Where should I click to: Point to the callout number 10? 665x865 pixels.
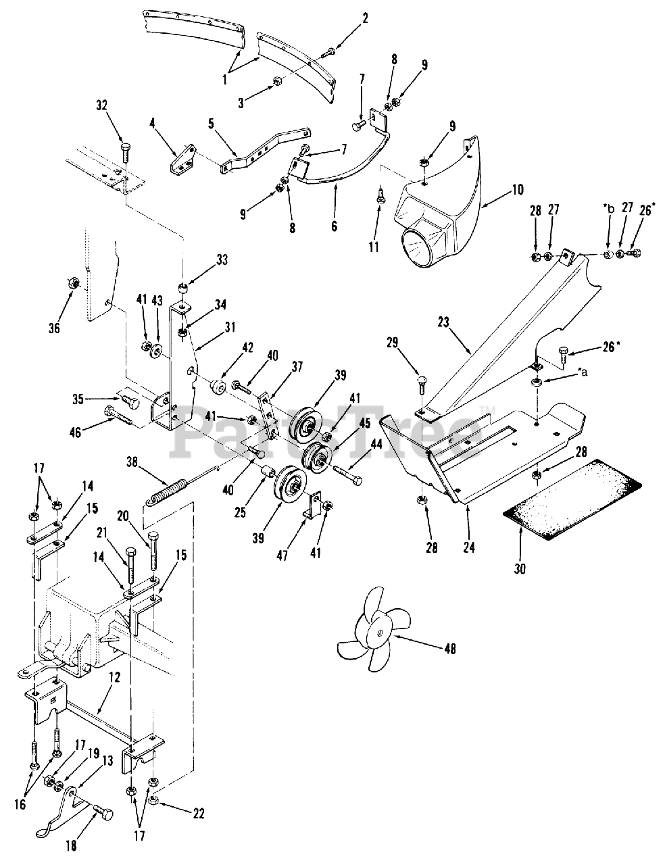[518, 189]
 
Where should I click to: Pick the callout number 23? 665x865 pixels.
[443, 322]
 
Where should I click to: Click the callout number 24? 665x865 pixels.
[469, 547]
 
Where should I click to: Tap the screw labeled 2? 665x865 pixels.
[331, 51]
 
